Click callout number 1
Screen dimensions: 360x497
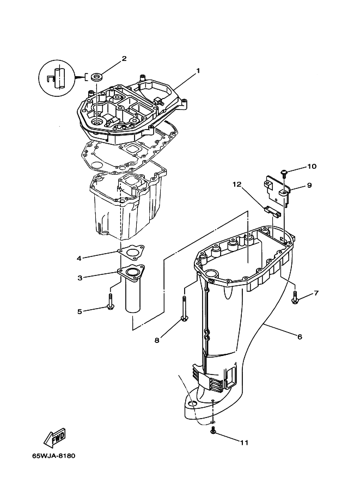198,71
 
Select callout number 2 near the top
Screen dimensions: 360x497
124,58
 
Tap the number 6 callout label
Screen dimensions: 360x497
300,336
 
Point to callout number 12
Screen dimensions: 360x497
237,184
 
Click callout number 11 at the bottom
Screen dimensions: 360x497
244,443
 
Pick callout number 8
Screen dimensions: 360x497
157,340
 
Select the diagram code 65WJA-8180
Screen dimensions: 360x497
53,456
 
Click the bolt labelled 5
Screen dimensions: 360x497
111,302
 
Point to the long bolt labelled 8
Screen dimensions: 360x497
184,308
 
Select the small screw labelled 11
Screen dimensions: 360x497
213,430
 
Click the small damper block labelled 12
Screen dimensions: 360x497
272,211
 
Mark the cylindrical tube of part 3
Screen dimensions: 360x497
133,296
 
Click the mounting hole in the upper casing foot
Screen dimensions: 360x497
192,403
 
